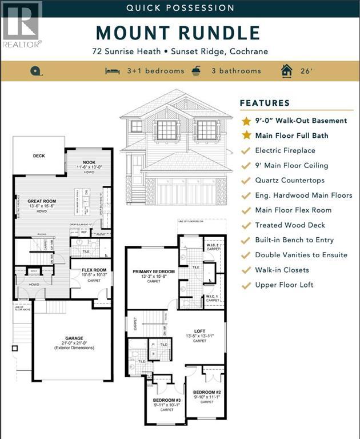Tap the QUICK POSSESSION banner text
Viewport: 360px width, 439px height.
[180, 8]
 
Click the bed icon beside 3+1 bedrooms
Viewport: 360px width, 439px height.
[112, 71]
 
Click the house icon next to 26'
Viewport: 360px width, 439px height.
[286, 70]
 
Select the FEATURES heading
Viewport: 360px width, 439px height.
[265, 103]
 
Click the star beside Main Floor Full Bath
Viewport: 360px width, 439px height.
[246, 135]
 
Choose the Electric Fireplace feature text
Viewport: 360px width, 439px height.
[285, 150]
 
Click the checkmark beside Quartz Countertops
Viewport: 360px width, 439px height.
[246, 181]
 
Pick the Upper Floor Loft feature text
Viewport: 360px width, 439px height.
[285, 285]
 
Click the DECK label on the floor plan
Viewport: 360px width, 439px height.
[39, 155]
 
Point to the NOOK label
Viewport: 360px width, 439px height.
[89, 162]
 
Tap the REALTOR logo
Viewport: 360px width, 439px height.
[21, 24]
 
